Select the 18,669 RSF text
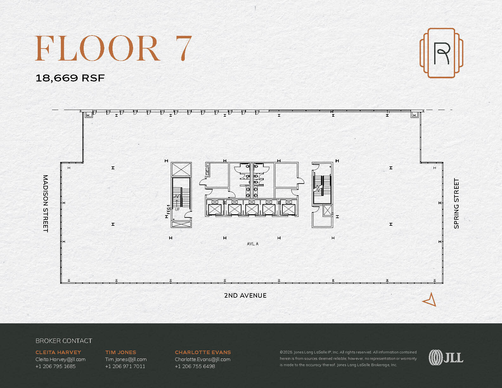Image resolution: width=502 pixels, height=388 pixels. pyautogui.click(x=70, y=78)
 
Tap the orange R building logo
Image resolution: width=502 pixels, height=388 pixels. pyautogui.click(x=441, y=53)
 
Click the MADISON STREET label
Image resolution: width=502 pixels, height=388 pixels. pyautogui.click(x=46, y=203)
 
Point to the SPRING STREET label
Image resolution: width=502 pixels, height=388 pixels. pyautogui.click(x=456, y=203)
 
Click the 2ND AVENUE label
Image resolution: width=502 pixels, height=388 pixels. pyautogui.click(x=245, y=295)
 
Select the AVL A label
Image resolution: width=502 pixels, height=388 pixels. pyautogui.click(x=253, y=244)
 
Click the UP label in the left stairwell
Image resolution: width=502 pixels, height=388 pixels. pyautogui.click(x=177, y=209)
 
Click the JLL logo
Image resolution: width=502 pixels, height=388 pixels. pyautogui.click(x=446, y=357)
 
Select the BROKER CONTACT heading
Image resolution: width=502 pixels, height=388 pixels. pyautogui.click(x=64, y=341)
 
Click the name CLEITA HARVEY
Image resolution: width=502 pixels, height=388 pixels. pyautogui.click(x=58, y=352)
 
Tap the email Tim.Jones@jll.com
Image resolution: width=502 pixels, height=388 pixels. pyautogui.click(x=126, y=359)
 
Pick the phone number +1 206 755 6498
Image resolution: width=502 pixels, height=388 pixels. pyautogui.click(x=195, y=366)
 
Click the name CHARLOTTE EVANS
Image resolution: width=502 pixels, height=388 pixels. pyautogui.click(x=203, y=352)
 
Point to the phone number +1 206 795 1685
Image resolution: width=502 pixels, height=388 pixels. pyautogui.click(x=55, y=366)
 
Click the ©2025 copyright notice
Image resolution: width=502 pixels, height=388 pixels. pyautogui.click(x=348, y=358)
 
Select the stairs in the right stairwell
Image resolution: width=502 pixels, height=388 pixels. pyautogui.click(x=322, y=186)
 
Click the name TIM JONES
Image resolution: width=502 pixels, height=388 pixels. pyautogui.click(x=121, y=352)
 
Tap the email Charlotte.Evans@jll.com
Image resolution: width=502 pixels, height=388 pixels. pyautogui.click(x=203, y=359)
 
